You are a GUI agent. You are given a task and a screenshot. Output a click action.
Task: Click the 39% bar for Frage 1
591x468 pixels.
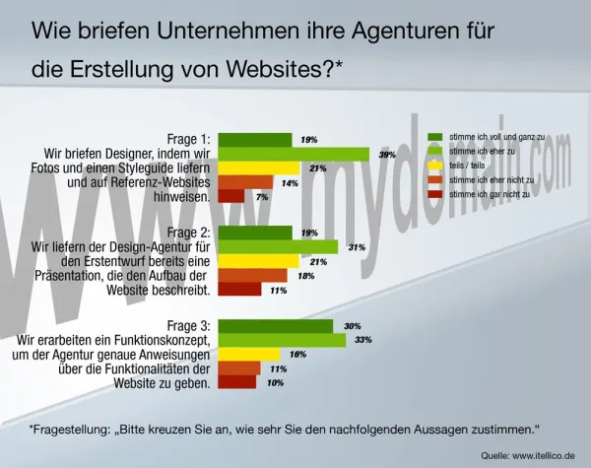pyautogui.click(x=293, y=154)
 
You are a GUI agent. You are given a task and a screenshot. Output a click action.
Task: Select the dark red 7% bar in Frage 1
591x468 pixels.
pyautogui.click(x=230, y=196)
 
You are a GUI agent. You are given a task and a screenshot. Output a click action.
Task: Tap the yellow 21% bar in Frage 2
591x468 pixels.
pyautogui.click(x=257, y=261)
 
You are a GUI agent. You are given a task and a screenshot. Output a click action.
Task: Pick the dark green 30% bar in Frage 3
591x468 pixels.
pyautogui.click(x=275, y=326)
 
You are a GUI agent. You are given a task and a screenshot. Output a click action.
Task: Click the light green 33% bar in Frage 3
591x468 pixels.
pyautogui.click(x=281, y=340)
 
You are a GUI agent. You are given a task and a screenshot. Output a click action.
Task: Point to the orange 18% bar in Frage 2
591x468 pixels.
pyautogui.click(x=251, y=276)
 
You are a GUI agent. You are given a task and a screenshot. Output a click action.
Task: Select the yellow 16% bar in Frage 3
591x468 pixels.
pyautogui.click(x=248, y=354)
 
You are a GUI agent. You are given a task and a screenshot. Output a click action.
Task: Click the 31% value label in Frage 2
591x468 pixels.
pyautogui.click(x=358, y=247)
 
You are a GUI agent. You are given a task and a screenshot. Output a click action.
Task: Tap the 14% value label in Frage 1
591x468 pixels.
pyautogui.click(x=290, y=183)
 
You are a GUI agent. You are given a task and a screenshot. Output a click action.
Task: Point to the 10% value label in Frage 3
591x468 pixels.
pyautogui.click(x=276, y=382)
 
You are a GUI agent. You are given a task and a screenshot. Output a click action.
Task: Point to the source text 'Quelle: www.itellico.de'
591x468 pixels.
pyautogui.click(x=528, y=455)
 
